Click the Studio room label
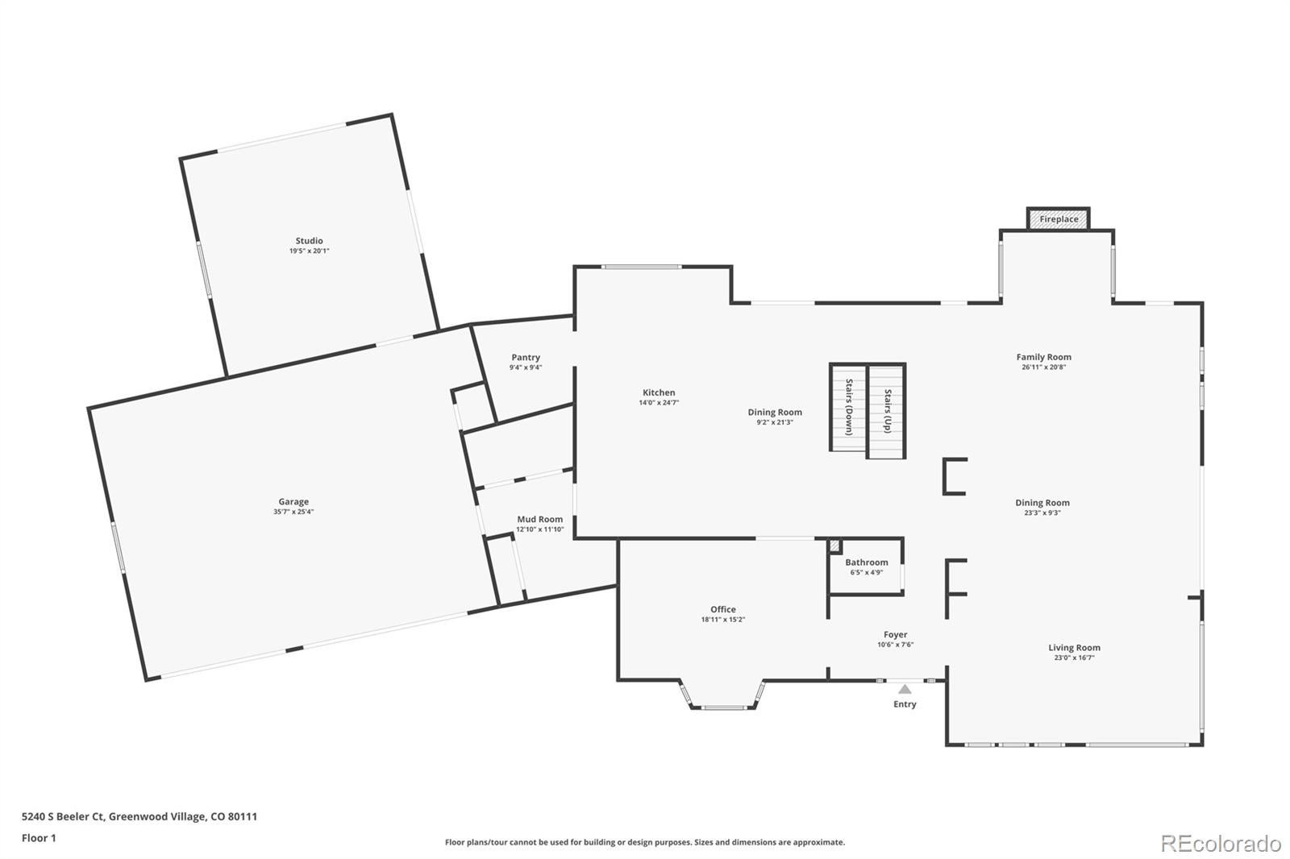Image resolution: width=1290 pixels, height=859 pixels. coord(310,241)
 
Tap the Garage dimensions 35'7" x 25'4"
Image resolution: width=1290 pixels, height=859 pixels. coord(293,511)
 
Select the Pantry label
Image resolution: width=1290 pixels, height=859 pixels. coord(526,358)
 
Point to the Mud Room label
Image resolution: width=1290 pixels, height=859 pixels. coord(540,519)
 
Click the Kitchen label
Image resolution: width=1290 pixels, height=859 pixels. coord(659,392)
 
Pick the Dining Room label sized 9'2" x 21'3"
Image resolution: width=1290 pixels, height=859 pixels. coord(775,413)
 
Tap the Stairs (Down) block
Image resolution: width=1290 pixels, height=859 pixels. coord(848,408)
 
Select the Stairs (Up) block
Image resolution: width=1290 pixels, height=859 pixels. coord(887,411)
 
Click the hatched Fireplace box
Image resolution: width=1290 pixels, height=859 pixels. coord(1059,219)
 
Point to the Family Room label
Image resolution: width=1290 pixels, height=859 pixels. coord(1043,357)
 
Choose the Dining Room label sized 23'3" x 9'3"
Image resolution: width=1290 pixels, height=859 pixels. coord(1042,503)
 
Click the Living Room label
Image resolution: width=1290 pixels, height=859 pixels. coord(1074,648)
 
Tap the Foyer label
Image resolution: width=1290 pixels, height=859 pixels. coord(896,634)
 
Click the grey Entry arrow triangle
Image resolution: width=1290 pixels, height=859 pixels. coord(905,689)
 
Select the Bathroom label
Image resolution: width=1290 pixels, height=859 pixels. coord(867,562)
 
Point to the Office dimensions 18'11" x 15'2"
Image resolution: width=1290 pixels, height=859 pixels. coord(723,620)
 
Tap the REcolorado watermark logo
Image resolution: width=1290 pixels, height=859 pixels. coord(1221,844)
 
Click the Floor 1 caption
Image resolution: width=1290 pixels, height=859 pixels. coord(40,838)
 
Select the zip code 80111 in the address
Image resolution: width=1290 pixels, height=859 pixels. coord(243,816)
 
